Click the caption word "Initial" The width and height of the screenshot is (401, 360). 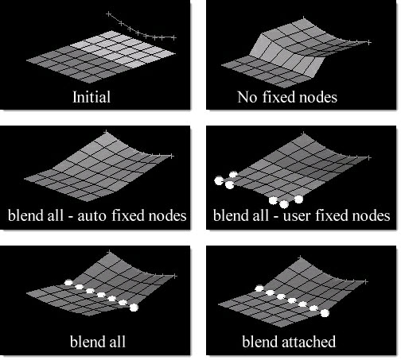[91, 97]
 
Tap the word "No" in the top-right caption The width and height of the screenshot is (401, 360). [247, 97]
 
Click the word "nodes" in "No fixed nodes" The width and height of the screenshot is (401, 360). [318, 97]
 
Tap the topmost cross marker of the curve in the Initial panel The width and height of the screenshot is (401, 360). [108, 14]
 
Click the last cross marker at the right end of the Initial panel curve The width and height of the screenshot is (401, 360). [173, 37]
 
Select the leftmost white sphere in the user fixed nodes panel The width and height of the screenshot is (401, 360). [219, 180]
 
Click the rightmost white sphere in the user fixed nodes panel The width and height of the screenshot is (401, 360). [298, 199]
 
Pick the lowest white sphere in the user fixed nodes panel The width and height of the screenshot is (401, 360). [284, 204]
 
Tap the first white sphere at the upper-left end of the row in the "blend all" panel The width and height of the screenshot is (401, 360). [68, 282]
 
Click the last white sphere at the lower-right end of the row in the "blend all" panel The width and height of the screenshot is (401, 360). [134, 308]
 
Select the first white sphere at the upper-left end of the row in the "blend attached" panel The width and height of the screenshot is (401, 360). [259, 288]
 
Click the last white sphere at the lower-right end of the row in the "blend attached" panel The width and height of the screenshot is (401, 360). [325, 313]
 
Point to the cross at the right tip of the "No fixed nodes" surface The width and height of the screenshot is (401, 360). [368, 42]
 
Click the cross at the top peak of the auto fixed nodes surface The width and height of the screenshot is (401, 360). [106, 132]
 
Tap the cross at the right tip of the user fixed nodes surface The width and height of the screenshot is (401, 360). [368, 158]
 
